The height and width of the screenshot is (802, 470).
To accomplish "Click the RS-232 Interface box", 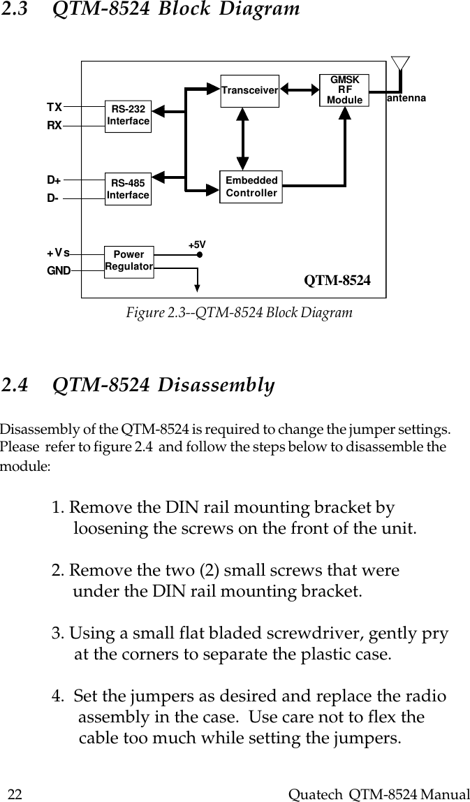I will pyautogui.click(x=128, y=116).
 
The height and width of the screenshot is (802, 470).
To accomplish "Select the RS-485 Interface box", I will pyautogui.click(x=128, y=189).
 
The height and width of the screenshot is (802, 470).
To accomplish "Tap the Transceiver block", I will pyautogui.click(x=249, y=91).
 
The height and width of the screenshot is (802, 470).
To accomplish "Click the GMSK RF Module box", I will pyautogui.click(x=344, y=91).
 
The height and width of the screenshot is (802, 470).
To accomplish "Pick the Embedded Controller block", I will pyautogui.click(x=251, y=187).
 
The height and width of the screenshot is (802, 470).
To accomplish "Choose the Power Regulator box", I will pyautogui.click(x=128, y=261).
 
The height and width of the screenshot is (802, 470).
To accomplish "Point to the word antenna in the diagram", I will pyautogui.click(x=406, y=99).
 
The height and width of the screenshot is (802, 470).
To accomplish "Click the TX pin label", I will pyautogui.click(x=54, y=107).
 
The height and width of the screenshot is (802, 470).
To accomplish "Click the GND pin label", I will pyautogui.click(x=59, y=270).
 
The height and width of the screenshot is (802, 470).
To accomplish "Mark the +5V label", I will pyautogui.click(x=198, y=245).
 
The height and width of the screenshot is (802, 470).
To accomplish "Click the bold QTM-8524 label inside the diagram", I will pyautogui.click(x=337, y=281).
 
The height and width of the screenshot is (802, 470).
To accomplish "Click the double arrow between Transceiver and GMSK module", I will pyautogui.click(x=299, y=89).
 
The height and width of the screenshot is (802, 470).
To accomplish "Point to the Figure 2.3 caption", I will pyautogui.click(x=239, y=313).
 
